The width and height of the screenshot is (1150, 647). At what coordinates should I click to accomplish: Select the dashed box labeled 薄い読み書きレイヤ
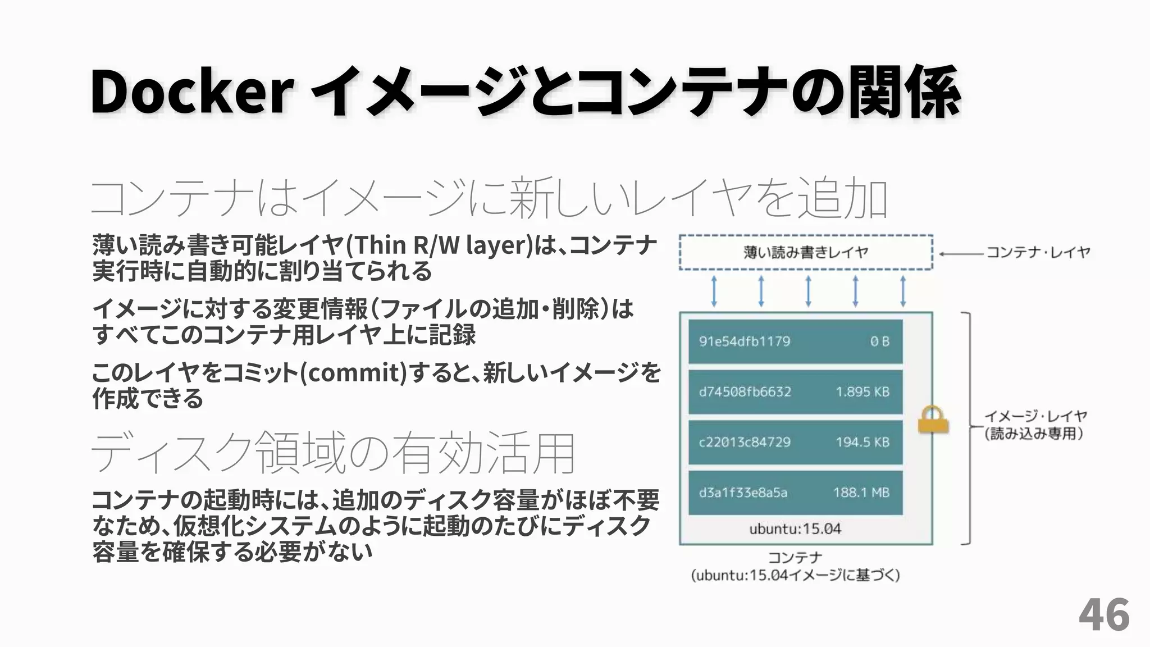click(x=806, y=253)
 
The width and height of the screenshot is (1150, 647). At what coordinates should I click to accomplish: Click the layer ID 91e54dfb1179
click(x=745, y=341)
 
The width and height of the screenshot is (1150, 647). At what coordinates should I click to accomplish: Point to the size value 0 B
click(x=880, y=341)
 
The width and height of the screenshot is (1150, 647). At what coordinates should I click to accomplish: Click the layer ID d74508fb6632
click(x=745, y=391)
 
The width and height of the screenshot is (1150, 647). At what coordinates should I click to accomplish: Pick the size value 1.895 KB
click(x=862, y=391)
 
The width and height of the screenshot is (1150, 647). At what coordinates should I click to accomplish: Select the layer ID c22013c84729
click(x=745, y=442)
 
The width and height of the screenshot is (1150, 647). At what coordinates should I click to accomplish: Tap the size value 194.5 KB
click(x=862, y=442)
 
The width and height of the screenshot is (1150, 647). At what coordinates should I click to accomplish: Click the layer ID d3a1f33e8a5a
click(x=743, y=493)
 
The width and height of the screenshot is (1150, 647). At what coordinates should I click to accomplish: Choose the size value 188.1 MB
click(x=861, y=493)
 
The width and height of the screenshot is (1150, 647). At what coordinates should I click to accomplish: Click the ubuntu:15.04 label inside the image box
click(x=795, y=529)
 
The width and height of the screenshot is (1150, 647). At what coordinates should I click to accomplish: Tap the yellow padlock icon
click(x=933, y=420)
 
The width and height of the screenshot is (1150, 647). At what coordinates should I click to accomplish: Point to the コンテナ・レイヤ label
click(x=1038, y=252)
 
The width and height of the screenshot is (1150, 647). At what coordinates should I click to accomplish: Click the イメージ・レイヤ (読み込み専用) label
click(x=1035, y=425)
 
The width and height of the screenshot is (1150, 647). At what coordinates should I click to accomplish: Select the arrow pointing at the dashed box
click(x=961, y=254)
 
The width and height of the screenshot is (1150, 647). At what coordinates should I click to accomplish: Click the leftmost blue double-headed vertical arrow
click(x=714, y=291)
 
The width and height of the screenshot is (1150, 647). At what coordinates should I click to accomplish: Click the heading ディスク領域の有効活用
click(x=333, y=453)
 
